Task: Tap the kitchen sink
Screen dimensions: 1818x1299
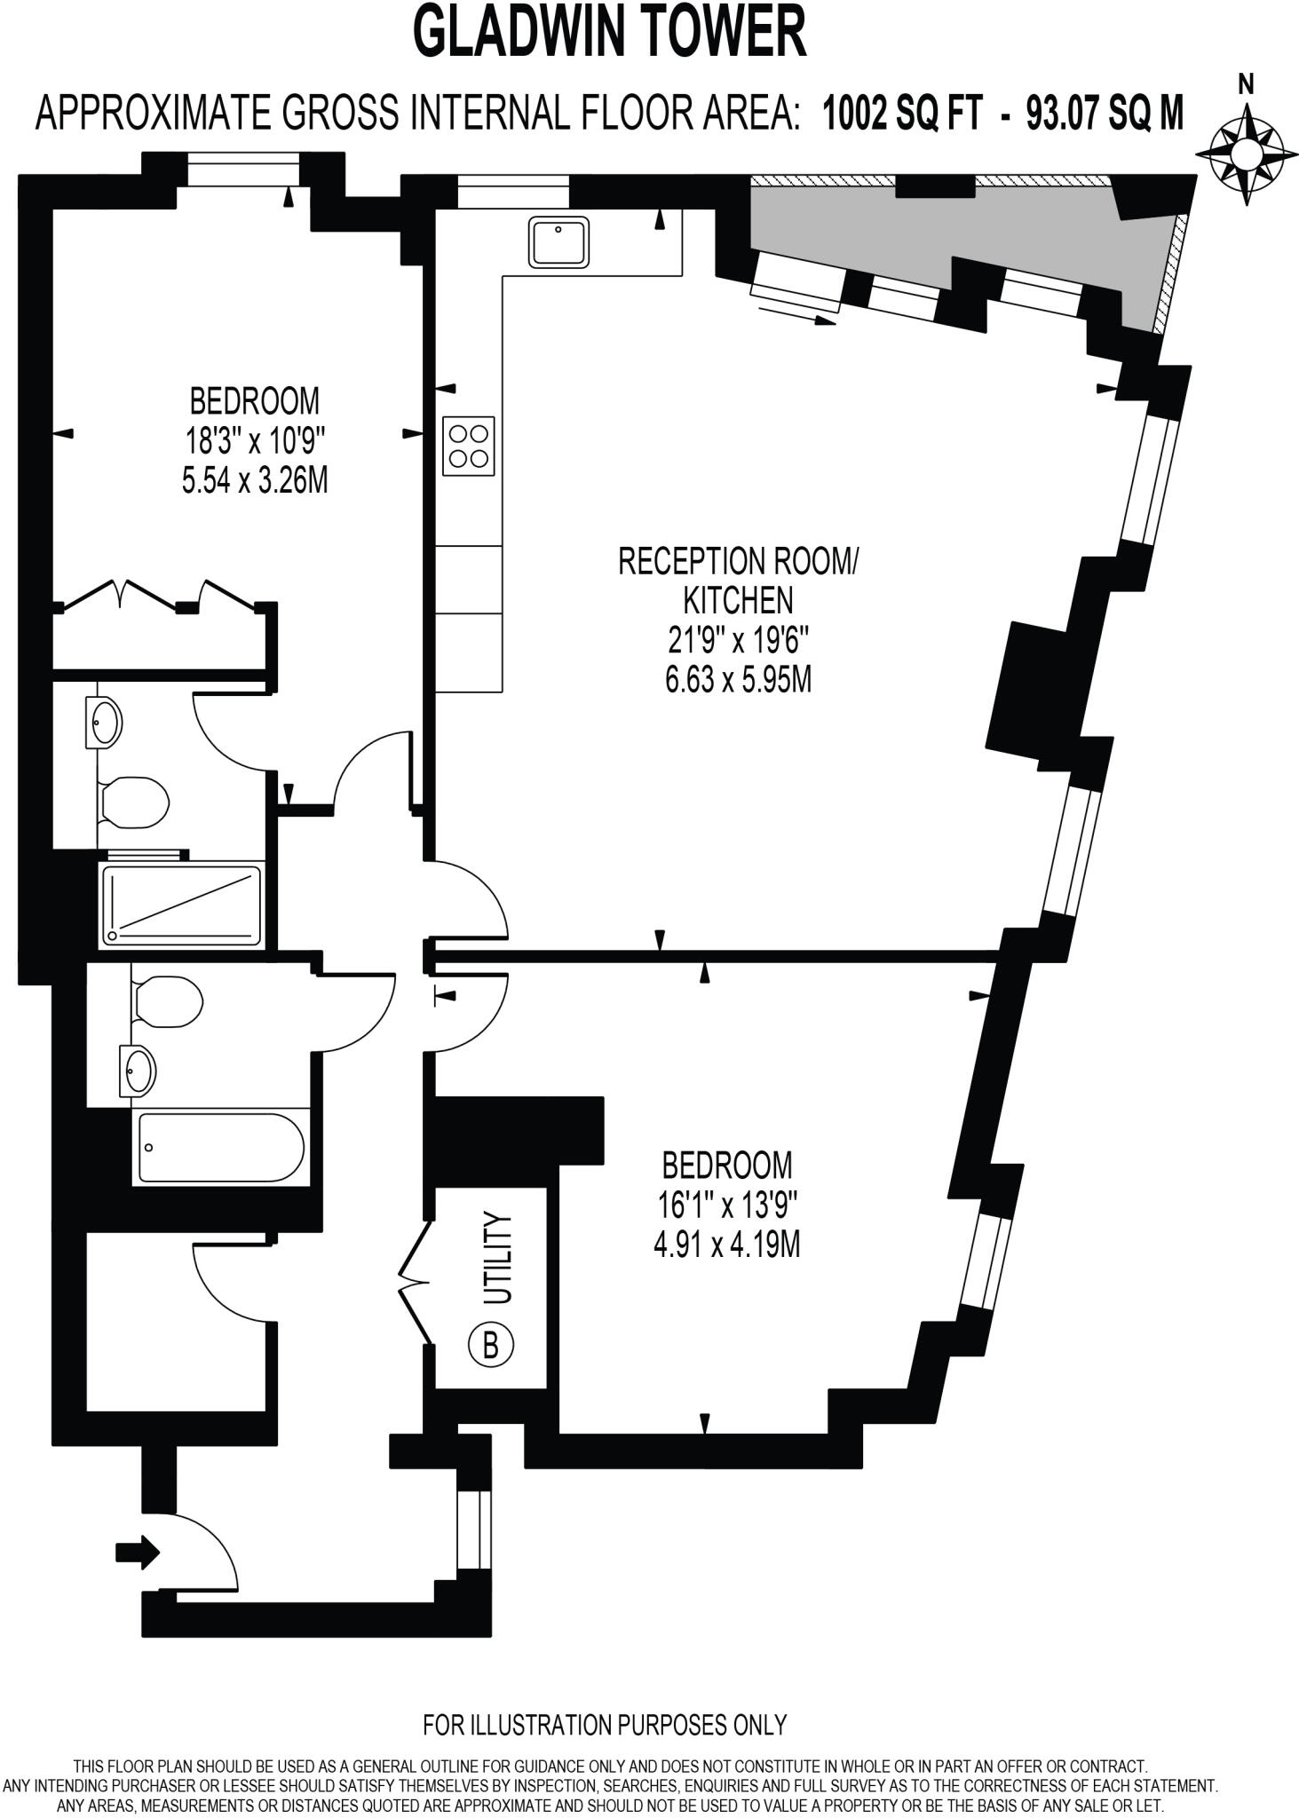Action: (x=558, y=241)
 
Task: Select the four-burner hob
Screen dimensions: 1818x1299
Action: (x=469, y=447)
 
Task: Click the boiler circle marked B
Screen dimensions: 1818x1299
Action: (x=490, y=1346)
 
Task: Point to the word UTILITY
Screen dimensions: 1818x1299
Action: (x=500, y=1258)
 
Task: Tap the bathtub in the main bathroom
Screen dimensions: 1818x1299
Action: (x=220, y=1147)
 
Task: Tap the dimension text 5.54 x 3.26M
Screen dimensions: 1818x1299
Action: (x=255, y=481)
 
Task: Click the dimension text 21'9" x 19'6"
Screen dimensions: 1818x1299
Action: (x=738, y=639)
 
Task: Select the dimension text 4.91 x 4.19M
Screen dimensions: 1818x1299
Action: (x=726, y=1245)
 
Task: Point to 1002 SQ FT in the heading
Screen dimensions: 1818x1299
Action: (x=903, y=114)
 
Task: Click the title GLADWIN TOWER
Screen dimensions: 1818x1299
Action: (x=610, y=32)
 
